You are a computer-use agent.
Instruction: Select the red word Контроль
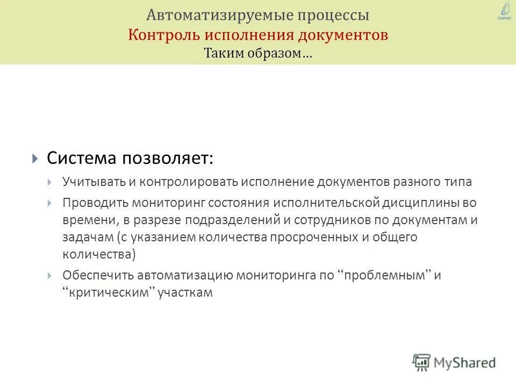pos(163,35)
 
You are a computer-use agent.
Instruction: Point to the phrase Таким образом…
pos(258,54)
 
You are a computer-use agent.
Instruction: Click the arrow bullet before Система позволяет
pos(35,159)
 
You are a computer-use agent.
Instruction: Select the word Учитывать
pos(93,182)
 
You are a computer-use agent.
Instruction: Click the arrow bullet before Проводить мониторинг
pos(50,203)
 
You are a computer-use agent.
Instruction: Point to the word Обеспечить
pos(98,275)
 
